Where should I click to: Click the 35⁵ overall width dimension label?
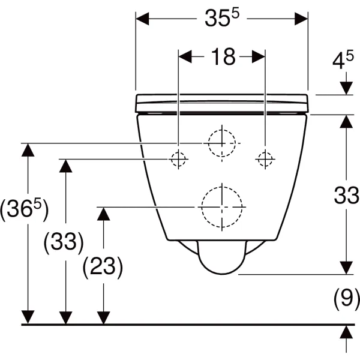pyautogui.click(x=221, y=19)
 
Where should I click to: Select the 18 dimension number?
pyautogui.click(x=223, y=57)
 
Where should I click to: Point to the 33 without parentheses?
pyautogui.click(x=346, y=196)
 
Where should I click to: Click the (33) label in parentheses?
pyautogui.click(x=63, y=242)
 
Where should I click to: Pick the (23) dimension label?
pyautogui.click(x=103, y=266)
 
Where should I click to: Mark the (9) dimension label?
pyautogui.click(x=346, y=298)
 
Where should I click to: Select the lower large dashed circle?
pyautogui.click(x=222, y=206)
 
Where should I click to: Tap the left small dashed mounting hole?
pyautogui.click(x=178, y=159)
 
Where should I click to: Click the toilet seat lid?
pyautogui.click(x=222, y=103)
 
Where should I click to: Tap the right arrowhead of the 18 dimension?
pyautogui.click(x=258, y=57)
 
